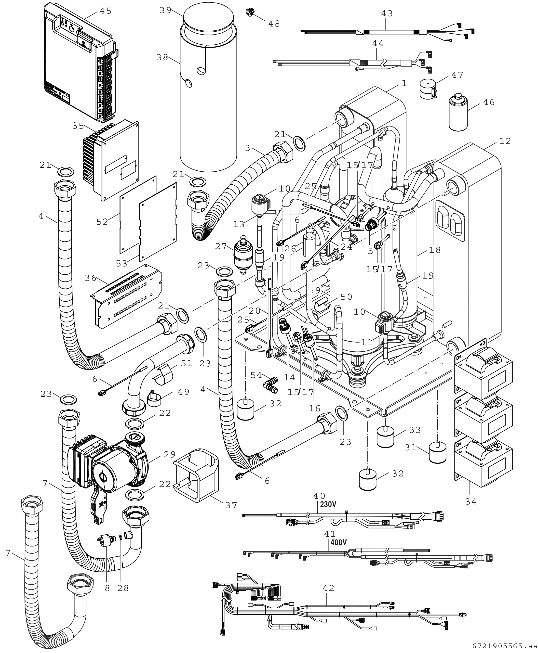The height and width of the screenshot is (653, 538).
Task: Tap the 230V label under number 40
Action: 328,513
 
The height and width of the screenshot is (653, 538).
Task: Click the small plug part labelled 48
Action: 249,13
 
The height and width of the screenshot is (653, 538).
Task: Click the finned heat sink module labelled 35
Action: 111,159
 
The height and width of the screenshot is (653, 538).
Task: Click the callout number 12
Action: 505,141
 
